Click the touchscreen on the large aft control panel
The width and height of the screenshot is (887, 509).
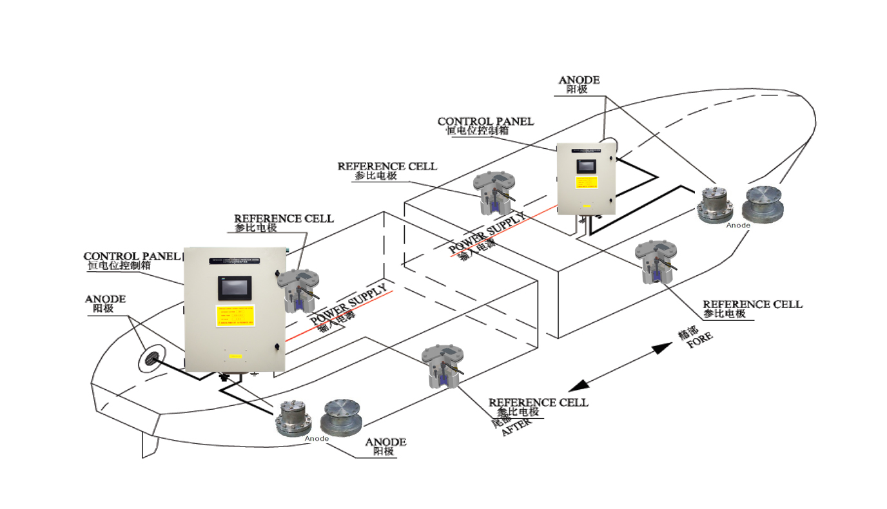[x=235, y=288]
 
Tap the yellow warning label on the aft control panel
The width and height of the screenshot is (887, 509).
[x=236, y=316]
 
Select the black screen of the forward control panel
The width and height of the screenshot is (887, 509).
[x=585, y=165]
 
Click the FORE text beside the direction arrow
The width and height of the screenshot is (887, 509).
[x=700, y=341]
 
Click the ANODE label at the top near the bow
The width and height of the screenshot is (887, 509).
[x=578, y=81]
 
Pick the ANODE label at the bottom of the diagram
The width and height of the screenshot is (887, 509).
[x=385, y=443]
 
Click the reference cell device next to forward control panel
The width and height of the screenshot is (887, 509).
[x=492, y=193]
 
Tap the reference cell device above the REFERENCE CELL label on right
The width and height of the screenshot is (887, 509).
[x=654, y=262]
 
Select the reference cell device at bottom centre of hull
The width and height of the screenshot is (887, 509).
[x=442, y=365]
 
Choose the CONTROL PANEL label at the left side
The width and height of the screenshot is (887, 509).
[x=132, y=256]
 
